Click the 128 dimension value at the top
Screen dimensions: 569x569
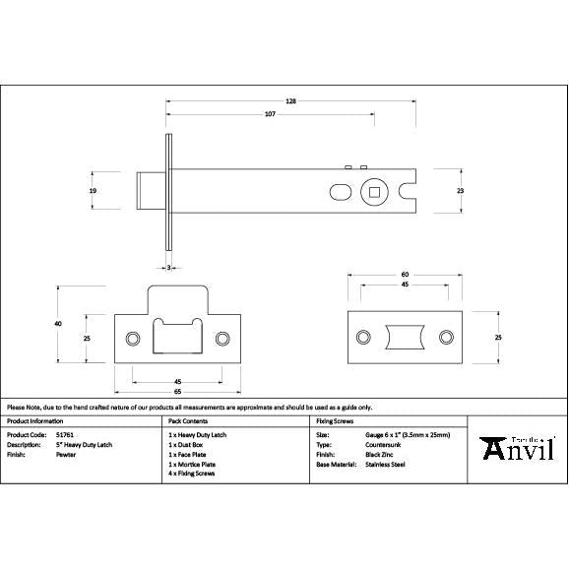(x=291, y=101)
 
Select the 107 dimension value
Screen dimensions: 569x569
(x=269, y=115)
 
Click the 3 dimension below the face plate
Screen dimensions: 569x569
(x=168, y=267)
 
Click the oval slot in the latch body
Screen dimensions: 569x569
(x=339, y=190)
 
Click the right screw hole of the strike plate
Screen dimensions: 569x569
(x=222, y=339)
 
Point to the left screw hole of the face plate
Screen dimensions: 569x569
(x=364, y=338)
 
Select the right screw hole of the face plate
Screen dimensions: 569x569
(x=447, y=338)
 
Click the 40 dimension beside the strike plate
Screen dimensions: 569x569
(x=58, y=324)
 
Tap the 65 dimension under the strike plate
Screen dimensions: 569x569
(x=178, y=392)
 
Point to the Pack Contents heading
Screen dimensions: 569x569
(x=188, y=419)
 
